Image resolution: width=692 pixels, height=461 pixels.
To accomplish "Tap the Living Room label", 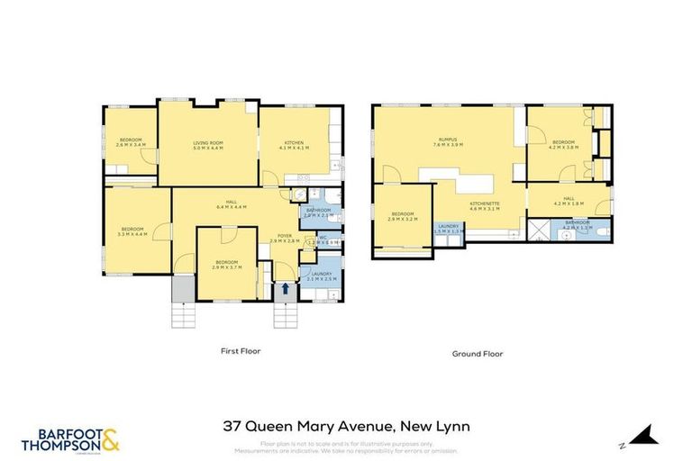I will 208,146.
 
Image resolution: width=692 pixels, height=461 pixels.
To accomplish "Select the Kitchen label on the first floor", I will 295,146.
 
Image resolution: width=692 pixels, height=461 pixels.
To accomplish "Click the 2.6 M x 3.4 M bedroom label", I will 132,141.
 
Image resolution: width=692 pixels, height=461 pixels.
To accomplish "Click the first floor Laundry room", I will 322,276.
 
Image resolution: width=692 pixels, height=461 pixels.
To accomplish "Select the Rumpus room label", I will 448,141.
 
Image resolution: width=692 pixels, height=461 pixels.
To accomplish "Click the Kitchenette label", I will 484,206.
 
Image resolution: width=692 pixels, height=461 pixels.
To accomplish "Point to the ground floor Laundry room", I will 448,229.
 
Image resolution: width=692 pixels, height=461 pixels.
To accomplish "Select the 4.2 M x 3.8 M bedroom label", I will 565,145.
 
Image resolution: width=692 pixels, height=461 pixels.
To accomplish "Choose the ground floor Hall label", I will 569,201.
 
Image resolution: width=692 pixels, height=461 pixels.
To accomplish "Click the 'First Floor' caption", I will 241,350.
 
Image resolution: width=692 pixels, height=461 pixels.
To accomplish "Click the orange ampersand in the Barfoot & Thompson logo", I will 111,438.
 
